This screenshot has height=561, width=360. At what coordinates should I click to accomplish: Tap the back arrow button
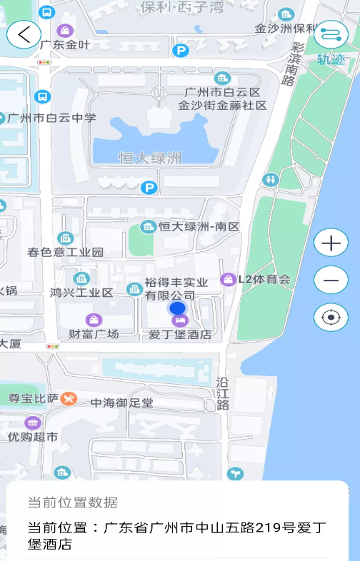pyautogui.click(x=24, y=34)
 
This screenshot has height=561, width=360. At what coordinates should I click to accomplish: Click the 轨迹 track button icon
pyautogui.click(x=331, y=34)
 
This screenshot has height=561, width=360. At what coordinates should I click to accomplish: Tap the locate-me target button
pyautogui.click(x=331, y=318)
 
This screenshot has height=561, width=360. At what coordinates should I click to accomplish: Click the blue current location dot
pyautogui.click(x=177, y=308)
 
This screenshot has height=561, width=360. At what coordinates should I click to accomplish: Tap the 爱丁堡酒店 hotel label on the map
pyautogui.click(x=179, y=333)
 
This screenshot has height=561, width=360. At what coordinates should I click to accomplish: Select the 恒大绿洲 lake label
pyautogui.click(x=150, y=158)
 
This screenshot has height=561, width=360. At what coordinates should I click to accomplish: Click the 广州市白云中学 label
pyautogui.click(x=51, y=118)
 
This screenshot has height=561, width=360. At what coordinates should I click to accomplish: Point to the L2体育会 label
pyautogui.click(x=264, y=279)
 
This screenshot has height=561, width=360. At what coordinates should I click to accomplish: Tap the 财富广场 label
pyautogui.click(x=94, y=333)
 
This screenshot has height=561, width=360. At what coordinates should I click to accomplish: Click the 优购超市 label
pyautogui.click(x=33, y=436)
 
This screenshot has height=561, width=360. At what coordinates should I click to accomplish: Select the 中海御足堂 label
pyautogui.click(x=121, y=403)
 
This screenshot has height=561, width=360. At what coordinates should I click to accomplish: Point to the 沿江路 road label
pyautogui.click(x=223, y=393)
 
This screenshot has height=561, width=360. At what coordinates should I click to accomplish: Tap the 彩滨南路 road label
pyautogui.click(x=292, y=64)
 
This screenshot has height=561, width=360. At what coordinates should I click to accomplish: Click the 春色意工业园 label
pyautogui.click(x=66, y=252)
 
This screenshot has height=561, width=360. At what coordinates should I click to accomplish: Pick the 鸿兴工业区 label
pyautogui.click(x=81, y=292)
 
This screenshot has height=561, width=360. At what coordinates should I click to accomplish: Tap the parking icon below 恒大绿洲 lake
pyautogui.click(x=149, y=188)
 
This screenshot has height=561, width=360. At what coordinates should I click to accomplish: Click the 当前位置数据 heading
pyautogui.click(x=73, y=502)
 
